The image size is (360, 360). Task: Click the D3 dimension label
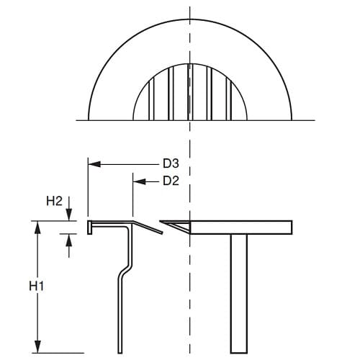(x=171, y=165)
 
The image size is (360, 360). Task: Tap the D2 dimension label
(x=171, y=181)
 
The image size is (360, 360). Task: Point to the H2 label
(x=55, y=202)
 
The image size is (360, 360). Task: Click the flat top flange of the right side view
(x=245, y=228)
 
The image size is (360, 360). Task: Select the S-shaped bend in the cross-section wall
(x=127, y=271)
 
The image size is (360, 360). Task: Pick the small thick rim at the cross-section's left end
(x=90, y=227)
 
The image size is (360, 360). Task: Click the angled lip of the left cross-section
(x=147, y=226)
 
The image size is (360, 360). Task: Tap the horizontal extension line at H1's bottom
(x=58, y=352)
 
